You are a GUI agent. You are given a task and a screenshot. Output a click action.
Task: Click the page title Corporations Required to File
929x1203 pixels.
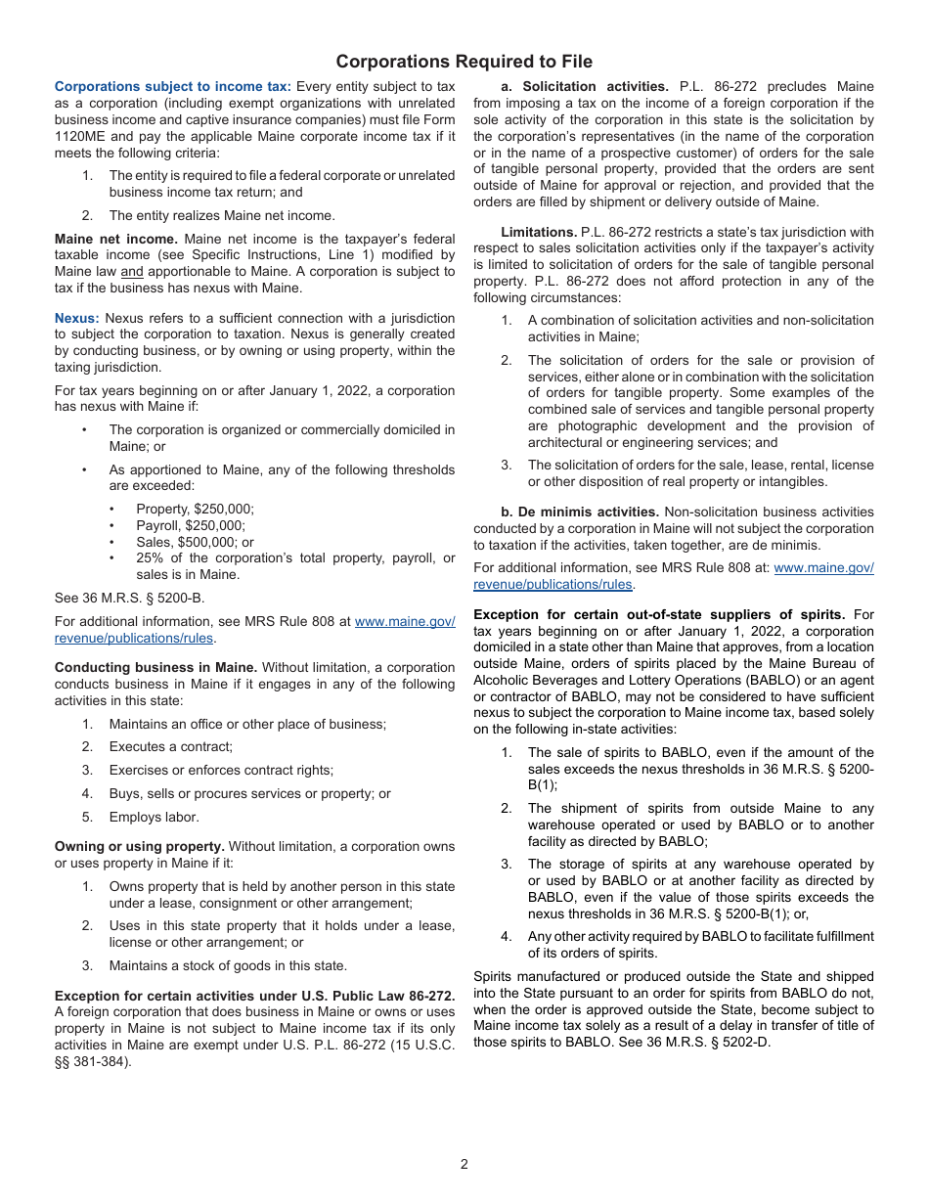coord(464,62)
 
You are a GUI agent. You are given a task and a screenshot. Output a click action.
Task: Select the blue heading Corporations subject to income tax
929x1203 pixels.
coord(172,87)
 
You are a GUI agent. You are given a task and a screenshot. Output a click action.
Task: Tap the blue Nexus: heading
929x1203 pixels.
coord(76,318)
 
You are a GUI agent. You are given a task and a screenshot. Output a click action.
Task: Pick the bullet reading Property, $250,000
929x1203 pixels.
coord(195,510)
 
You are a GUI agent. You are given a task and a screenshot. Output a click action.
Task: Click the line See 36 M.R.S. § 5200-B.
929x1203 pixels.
coord(129,599)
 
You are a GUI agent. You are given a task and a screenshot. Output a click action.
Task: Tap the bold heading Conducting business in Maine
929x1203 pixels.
coord(155,668)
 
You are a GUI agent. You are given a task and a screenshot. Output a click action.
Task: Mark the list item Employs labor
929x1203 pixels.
coord(154,818)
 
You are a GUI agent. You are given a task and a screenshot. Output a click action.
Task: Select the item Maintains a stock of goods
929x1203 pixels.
coord(227,966)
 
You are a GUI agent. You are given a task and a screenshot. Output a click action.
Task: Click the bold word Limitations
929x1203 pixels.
coord(539,232)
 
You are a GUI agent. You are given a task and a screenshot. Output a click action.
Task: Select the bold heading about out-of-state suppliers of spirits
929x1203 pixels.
coord(659,614)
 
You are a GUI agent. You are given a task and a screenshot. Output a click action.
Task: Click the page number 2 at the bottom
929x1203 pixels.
coord(464,1164)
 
